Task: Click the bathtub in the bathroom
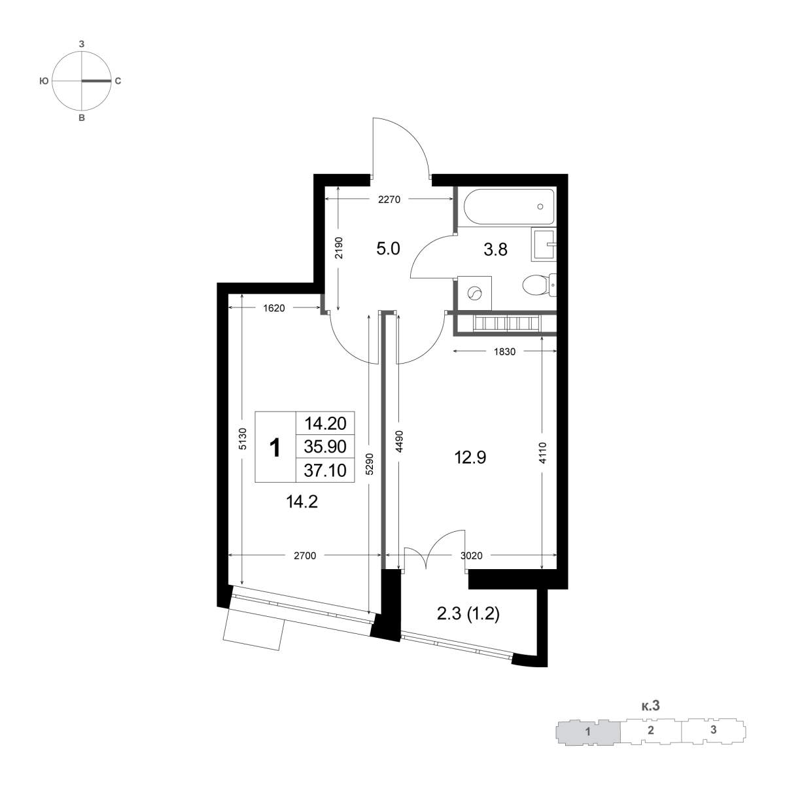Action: tap(506, 206)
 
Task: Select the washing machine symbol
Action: tap(474, 293)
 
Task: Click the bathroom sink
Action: tap(544, 245)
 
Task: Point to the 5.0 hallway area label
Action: tap(388, 249)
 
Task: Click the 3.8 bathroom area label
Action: tap(495, 249)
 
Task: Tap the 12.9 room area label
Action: tap(470, 458)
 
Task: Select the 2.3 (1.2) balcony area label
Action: tap(468, 614)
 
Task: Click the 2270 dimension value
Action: tap(389, 200)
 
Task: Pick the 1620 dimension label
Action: tap(273, 308)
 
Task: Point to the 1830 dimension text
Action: tap(505, 351)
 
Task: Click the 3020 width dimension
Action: tap(471, 555)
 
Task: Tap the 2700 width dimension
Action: tap(305, 555)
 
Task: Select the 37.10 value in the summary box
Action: tap(325, 470)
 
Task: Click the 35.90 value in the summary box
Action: tap(325, 447)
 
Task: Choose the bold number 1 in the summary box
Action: tap(275, 447)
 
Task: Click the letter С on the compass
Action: tap(118, 81)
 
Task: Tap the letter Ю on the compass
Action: tap(44, 81)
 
